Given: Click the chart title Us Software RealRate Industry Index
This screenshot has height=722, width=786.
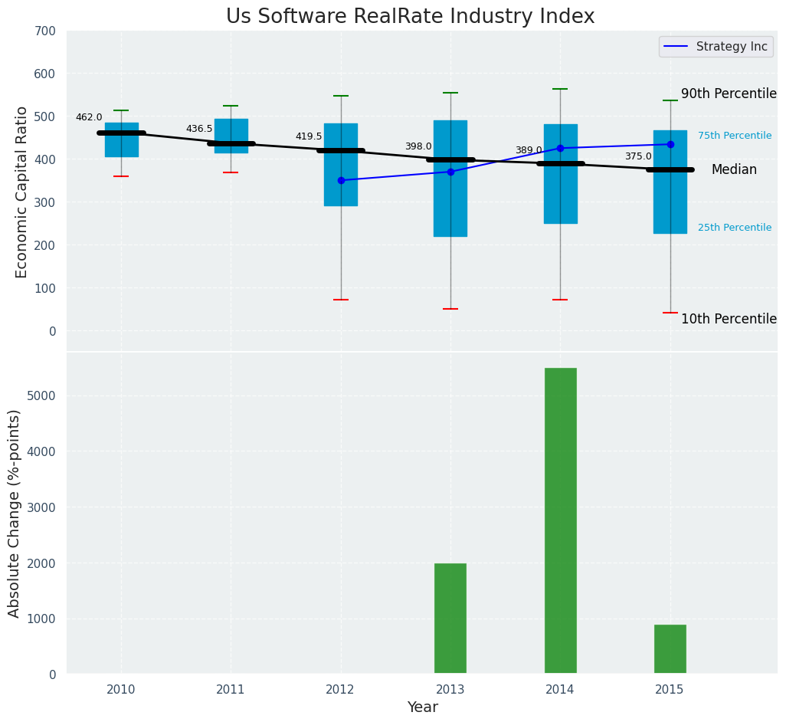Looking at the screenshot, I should click(x=410, y=17).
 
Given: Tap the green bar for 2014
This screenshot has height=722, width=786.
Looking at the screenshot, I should click(x=560, y=520).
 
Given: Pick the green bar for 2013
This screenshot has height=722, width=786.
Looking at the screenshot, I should click(x=450, y=619).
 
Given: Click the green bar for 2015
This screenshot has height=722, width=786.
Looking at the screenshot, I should click(x=670, y=649).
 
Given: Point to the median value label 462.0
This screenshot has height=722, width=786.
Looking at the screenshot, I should click(x=89, y=117).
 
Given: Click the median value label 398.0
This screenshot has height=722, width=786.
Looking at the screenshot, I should click(x=418, y=146).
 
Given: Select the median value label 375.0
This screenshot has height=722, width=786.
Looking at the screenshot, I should click(x=638, y=156).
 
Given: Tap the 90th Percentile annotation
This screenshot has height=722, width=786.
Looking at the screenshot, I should click(x=729, y=94).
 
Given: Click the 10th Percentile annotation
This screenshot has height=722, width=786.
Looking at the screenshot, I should click(x=729, y=319).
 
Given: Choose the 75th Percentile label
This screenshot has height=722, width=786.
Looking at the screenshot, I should click(x=735, y=136).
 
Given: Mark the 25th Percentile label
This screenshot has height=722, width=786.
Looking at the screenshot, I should click(x=735, y=228).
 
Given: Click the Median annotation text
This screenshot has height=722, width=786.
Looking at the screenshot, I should click(x=734, y=170).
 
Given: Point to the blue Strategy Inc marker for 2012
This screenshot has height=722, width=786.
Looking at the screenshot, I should click(x=341, y=180).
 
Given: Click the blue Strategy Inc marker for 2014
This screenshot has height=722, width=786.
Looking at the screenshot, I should click(x=560, y=148).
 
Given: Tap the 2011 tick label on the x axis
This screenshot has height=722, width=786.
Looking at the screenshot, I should click(x=231, y=689).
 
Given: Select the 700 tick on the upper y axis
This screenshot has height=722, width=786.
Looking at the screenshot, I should click(x=45, y=31).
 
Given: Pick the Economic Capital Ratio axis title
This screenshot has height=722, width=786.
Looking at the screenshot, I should click(x=22, y=192).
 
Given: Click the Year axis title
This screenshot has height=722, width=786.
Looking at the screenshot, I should click(x=422, y=707).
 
